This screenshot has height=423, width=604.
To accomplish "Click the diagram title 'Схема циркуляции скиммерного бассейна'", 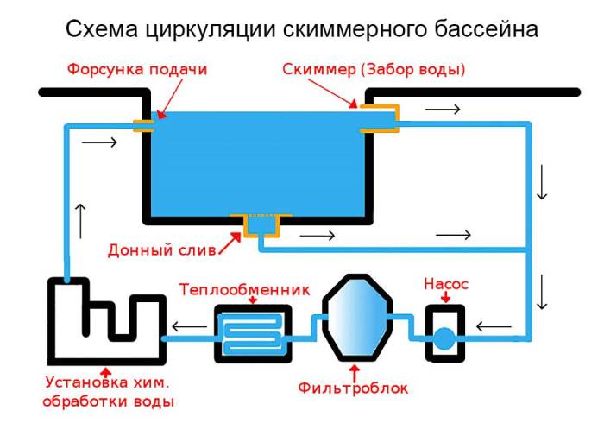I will tap(302, 29).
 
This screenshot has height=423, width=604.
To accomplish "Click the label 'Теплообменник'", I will tap(243, 288).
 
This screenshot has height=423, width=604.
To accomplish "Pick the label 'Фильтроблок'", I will tap(353, 388).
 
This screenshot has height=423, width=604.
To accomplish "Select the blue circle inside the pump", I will tap(444, 336).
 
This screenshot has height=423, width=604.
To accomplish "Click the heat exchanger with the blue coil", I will tap(252, 334).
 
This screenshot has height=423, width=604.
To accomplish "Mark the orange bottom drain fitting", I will tap(258, 224).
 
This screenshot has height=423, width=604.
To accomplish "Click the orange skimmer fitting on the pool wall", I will tap(380, 118).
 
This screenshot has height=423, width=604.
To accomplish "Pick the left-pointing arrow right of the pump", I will tap(494, 326).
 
